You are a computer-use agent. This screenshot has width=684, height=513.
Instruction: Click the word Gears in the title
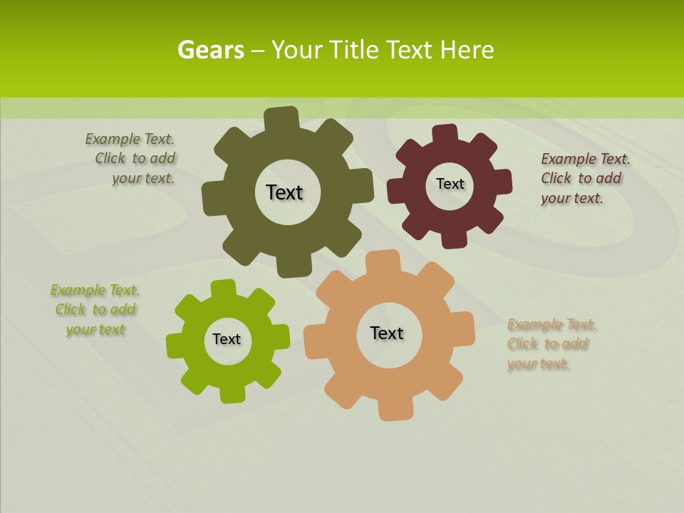coord(210,50)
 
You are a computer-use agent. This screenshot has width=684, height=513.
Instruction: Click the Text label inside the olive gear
coord(284,192)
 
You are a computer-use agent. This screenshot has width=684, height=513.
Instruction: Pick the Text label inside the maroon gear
coord(450,184)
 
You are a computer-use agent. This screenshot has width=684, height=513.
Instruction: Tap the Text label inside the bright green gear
coord(227,339)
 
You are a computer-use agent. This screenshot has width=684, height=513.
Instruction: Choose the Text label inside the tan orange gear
coord(387,333)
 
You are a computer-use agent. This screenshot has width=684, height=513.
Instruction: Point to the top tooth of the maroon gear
coord(445,133)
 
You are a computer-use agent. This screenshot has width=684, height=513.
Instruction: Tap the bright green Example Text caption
coord(95,309)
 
